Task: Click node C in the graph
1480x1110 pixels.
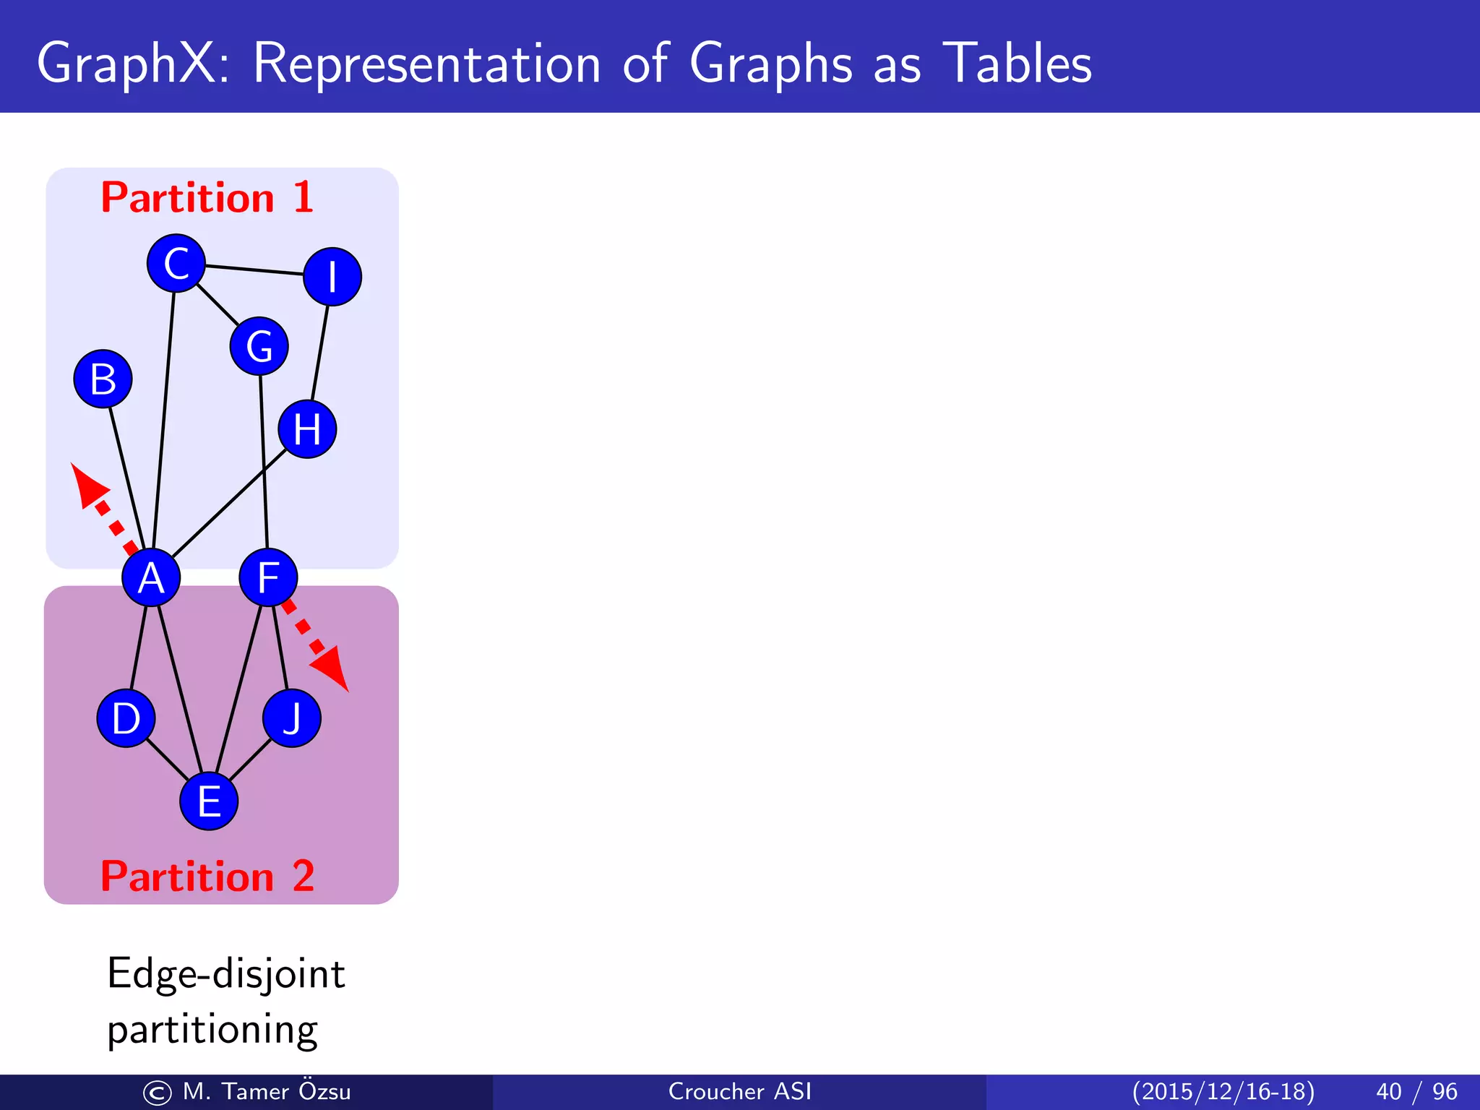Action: coord(176,263)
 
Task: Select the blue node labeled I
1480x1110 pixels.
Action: coord(332,277)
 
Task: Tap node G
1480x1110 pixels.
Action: coord(259,346)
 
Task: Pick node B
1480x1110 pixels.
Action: coord(103,379)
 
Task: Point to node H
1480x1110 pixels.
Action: coord(307,429)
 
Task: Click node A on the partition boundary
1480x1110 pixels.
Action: coord(151,577)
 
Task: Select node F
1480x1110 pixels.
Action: coord(268,577)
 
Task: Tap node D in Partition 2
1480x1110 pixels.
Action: coord(126,718)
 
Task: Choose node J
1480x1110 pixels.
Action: coord(292,718)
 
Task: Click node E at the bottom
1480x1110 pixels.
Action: coord(209,801)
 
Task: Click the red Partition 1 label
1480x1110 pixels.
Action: coord(207,197)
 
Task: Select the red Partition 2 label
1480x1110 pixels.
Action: coord(207,876)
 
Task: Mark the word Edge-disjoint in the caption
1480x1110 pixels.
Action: coord(225,973)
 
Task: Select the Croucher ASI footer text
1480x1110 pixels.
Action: coord(739,1091)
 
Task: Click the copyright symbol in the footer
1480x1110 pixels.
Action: coord(157,1093)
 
